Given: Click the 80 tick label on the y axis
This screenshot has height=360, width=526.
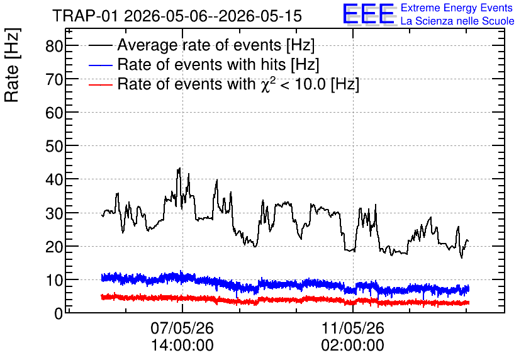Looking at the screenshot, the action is point(54,45).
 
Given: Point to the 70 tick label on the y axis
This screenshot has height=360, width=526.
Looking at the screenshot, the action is point(54,79).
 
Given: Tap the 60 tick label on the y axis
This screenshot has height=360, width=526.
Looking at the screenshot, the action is point(54,113).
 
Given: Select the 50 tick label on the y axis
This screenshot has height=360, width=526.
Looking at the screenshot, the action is point(54,146).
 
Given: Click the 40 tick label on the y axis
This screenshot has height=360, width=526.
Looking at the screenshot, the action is point(54,179).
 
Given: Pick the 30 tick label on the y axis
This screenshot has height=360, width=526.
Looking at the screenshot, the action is point(54,213).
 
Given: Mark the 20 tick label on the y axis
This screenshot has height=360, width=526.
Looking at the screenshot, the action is point(54,247).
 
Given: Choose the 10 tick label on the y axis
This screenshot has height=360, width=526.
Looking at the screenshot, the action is point(54,280).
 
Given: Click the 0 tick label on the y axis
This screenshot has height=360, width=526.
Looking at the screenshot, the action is point(59,313).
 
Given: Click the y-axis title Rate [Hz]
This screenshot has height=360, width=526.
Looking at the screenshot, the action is point(12,65).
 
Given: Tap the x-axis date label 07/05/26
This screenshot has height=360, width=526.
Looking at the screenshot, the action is point(182,328).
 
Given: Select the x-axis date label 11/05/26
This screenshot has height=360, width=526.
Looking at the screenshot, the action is point(353,328).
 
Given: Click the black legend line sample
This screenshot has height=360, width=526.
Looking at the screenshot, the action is point(100,45).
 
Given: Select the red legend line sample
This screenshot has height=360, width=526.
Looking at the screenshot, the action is point(100,84).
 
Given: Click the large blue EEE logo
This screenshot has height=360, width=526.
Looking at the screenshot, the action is point(369,14).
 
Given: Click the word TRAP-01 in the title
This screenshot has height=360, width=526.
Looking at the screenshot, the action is point(86,16).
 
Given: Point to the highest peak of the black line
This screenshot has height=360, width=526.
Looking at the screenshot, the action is point(179,168).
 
